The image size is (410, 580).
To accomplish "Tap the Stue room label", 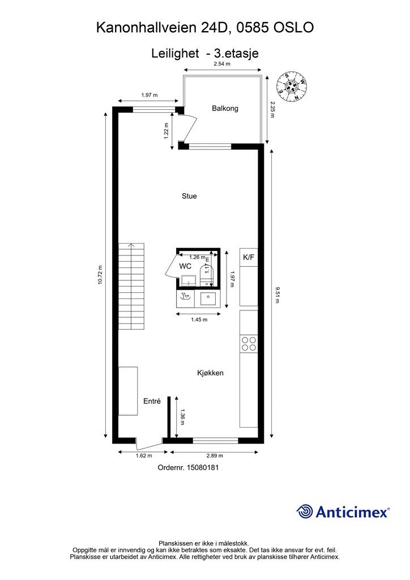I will pyautogui.click(x=189, y=196).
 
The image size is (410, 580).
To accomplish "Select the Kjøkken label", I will pyautogui.click(x=210, y=373).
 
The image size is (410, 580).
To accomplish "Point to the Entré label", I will pyautogui.click(x=152, y=401).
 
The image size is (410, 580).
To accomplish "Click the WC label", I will pyautogui.click(x=185, y=266).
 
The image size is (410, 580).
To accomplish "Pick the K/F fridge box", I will pyautogui.click(x=249, y=258).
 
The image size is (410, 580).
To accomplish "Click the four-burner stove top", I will pyautogui.click(x=249, y=343).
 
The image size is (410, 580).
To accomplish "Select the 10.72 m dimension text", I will pyautogui.click(x=100, y=275).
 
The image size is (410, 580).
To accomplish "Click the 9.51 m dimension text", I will pyautogui.click(x=277, y=295).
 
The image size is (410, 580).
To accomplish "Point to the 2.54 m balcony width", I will pyautogui.click(x=222, y=65).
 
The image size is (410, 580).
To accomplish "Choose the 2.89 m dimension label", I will pyautogui.click(x=215, y=456).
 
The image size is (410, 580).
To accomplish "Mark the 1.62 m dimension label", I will pyautogui.click(x=144, y=456).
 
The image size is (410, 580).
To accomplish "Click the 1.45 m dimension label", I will pyautogui.click(x=198, y=319).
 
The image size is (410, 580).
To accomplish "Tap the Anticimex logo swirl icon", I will pyautogui.click(x=305, y=511).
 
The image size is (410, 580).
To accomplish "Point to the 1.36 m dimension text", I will pyautogui.click(x=182, y=417).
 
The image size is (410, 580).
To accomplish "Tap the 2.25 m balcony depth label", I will pyautogui.click(x=272, y=109).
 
